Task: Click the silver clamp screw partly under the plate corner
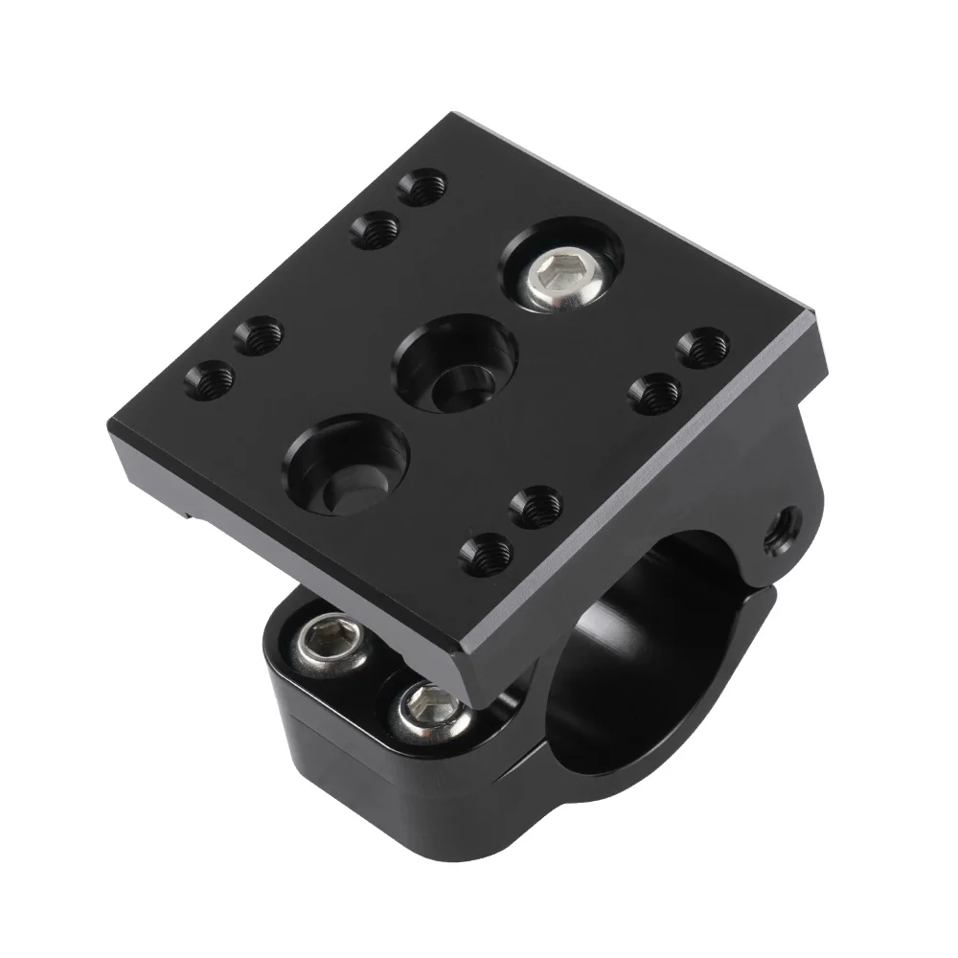click(428, 711)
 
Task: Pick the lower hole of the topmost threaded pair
click(375, 230)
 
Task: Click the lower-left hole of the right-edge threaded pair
click(657, 392)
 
